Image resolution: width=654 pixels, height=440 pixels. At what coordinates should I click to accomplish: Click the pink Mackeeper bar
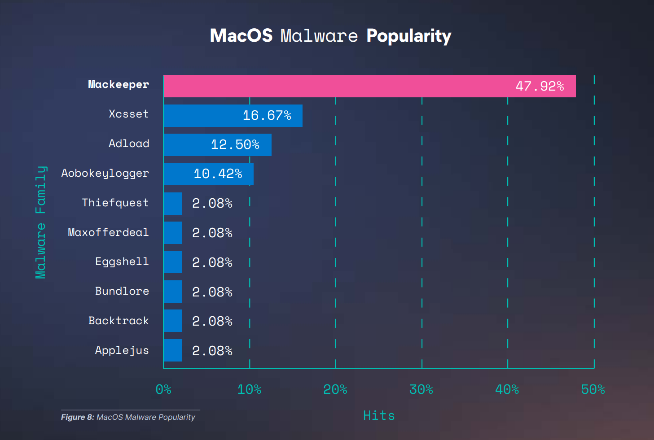tap(337, 86)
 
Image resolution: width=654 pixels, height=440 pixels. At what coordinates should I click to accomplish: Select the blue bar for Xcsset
tap(202, 116)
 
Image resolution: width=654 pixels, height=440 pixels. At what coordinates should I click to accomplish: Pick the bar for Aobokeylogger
tap(177, 174)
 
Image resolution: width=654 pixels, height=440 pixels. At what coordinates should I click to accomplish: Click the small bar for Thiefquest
tap(173, 204)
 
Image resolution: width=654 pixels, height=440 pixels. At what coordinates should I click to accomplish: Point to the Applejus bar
tap(173, 350)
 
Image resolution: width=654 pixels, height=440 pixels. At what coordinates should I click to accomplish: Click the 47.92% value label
tap(540, 86)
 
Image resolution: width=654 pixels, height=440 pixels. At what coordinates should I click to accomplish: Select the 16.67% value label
tap(267, 116)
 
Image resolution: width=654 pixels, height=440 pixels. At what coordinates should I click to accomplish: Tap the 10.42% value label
tap(218, 174)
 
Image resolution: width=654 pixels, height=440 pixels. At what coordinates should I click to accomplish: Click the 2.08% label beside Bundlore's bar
tap(212, 292)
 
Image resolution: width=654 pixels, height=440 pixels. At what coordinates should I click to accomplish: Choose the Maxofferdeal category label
tap(108, 232)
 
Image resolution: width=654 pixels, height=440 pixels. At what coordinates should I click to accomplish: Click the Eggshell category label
tap(122, 261)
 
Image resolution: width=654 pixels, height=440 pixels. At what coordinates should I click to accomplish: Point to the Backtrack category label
tap(119, 321)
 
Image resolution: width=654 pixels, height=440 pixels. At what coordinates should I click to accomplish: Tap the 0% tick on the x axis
tap(163, 389)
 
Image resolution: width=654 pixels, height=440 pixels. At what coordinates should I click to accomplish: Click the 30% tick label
tap(421, 389)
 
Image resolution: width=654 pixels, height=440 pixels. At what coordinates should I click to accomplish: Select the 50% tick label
tap(593, 389)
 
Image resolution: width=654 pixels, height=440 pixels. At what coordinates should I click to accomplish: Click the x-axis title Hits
tap(379, 416)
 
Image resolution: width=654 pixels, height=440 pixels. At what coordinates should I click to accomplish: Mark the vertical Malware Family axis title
tap(41, 222)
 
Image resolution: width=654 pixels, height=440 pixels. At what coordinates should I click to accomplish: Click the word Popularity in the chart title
tap(408, 36)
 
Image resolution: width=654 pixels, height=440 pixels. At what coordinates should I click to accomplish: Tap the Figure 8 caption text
tap(128, 417)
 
